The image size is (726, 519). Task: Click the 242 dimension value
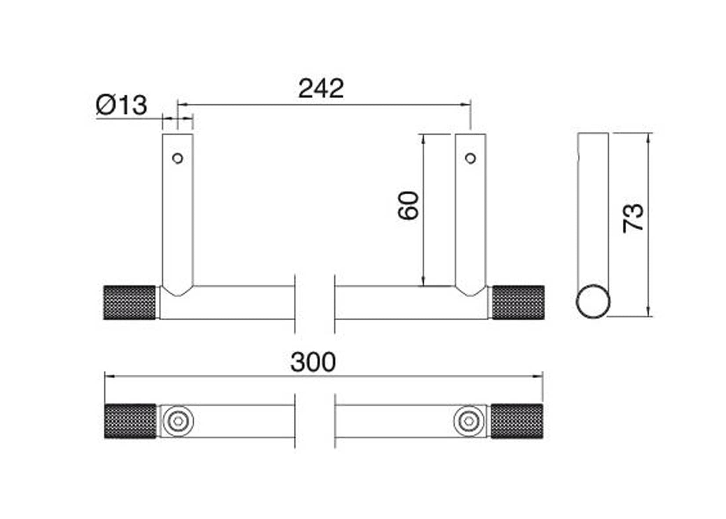[321, 88]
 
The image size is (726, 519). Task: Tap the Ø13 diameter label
[121, 105]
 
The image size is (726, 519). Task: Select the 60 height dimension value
[409, 206]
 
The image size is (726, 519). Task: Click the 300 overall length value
[313, 362]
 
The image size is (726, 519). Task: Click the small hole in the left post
[178, 158]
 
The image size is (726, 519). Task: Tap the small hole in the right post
[471, 158]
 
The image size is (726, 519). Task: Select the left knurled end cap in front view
[130, 302]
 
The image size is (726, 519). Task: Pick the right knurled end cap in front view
[518, 302]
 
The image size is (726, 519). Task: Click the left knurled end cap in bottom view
[130, 421]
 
